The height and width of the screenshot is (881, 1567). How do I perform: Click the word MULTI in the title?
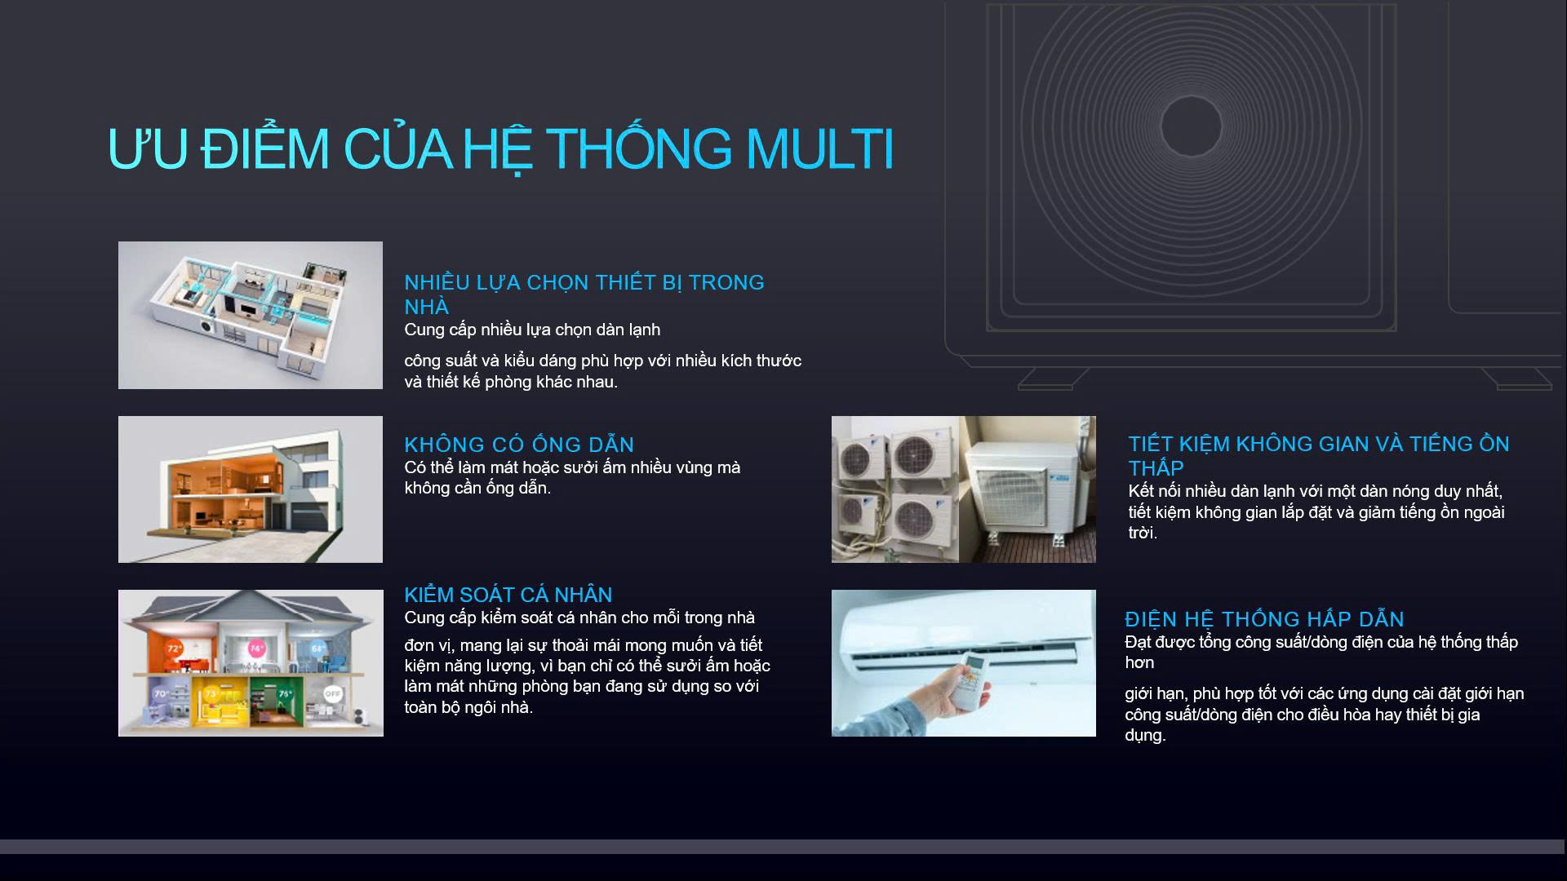point(819,148)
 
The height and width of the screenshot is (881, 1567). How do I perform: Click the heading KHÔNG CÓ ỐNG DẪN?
point(519,444)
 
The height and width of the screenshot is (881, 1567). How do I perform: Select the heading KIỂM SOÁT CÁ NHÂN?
point(508,595)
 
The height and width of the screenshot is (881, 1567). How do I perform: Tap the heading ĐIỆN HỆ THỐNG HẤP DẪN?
point(1264,619)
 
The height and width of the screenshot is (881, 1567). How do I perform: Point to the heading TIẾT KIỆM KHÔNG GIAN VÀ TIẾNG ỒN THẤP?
point(1319,455)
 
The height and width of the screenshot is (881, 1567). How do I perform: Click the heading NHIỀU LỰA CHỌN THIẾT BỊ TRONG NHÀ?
point(584,294)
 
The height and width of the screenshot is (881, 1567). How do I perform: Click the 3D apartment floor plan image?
point(251,315)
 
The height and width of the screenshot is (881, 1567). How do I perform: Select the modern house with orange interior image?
point(251,489)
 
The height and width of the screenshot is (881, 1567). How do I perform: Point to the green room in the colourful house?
point(273,699)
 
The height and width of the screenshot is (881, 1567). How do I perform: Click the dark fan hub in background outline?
point(1191,126)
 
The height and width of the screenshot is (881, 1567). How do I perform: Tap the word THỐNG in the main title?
point(639,148)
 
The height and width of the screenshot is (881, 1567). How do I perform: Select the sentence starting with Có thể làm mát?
point(572,477)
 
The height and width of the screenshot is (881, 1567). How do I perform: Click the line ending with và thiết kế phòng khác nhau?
point(511,382)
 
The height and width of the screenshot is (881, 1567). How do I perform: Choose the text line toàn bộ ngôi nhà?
point(468,707)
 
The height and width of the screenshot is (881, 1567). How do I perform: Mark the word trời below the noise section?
point(1143,533)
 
